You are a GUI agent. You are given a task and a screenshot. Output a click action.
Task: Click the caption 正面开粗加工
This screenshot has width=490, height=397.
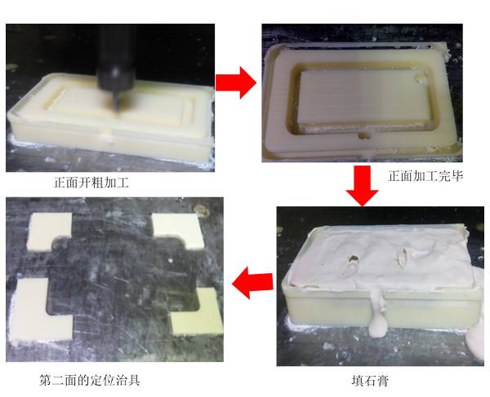point(91,183)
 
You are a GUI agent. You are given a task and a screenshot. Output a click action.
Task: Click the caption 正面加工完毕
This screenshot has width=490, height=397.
point(425,176)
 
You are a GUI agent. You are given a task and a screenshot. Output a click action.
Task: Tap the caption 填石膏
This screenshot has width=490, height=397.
point(370,381)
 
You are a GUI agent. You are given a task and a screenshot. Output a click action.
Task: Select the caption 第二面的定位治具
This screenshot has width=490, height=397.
point(90,380)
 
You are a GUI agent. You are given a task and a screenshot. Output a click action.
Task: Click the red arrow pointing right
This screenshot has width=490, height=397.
point(236,82)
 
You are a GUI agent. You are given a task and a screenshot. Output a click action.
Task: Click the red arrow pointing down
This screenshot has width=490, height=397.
point(362,186)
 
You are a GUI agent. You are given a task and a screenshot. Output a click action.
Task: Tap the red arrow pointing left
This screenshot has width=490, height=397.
point(252,283)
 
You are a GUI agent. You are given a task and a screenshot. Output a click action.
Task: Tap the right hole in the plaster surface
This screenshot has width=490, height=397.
point(403,257)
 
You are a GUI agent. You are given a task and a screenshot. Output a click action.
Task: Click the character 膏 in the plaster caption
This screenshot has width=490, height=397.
point(382,381)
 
